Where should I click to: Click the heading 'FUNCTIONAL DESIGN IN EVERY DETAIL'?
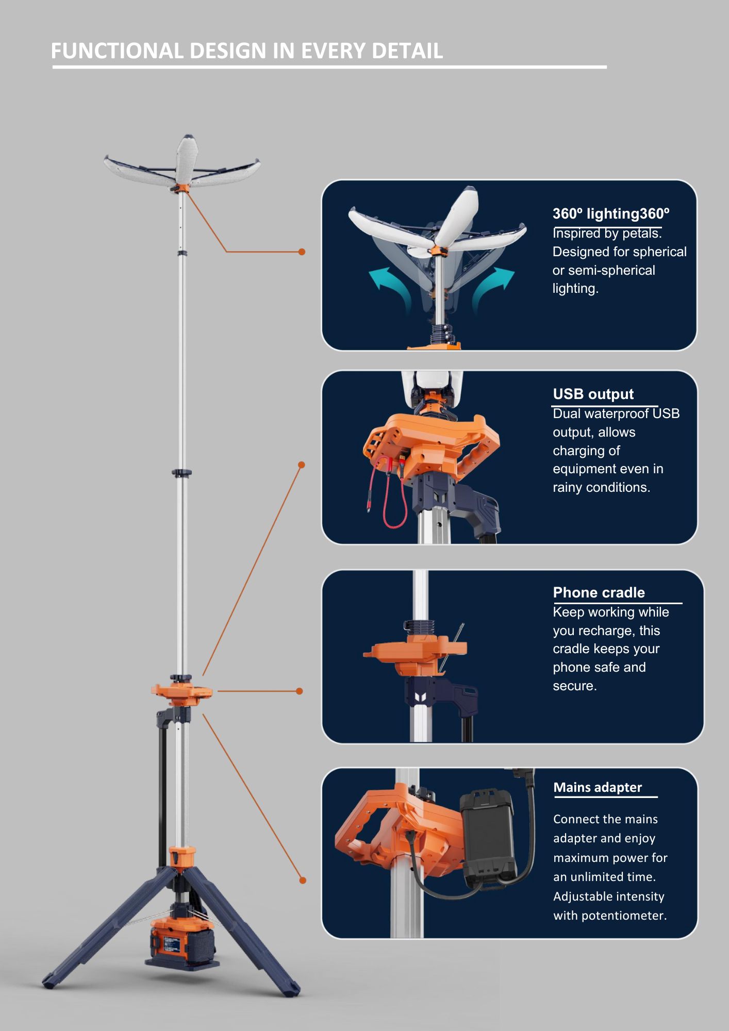pos(246,51)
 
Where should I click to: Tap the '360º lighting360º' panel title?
pos(611,213)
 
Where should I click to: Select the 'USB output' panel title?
pos(593,394)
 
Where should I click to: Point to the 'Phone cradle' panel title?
pos(599,592)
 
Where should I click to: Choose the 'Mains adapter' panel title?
pos(598,787)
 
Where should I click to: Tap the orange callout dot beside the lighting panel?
pos(302,252)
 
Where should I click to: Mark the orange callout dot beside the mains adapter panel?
pos(303,880)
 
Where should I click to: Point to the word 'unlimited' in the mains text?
pos(595,877)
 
